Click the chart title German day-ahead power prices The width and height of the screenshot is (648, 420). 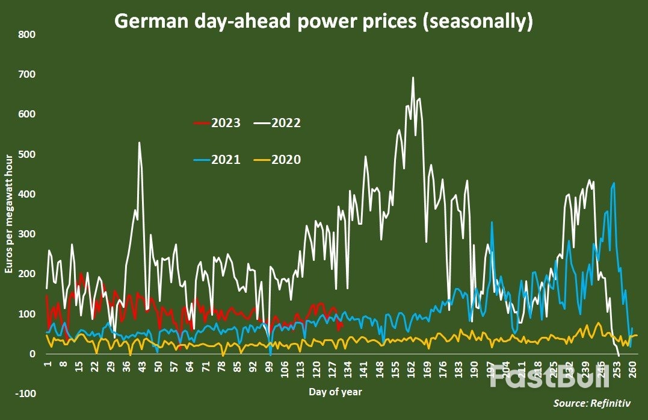[324, 21]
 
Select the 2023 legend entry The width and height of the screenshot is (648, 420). [217, 124]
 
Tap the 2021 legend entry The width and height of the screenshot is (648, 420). [217, 160]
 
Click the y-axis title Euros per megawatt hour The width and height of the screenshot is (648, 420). [8, 214]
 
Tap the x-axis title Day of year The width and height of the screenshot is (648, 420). [335, 392]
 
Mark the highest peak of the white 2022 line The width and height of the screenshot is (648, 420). [413, 77]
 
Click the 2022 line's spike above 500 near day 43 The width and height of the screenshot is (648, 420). [139, 143]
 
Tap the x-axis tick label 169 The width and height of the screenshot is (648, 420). [427, 368]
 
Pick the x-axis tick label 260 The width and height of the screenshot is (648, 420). [632, 368]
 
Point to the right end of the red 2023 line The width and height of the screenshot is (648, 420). [343, 322]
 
